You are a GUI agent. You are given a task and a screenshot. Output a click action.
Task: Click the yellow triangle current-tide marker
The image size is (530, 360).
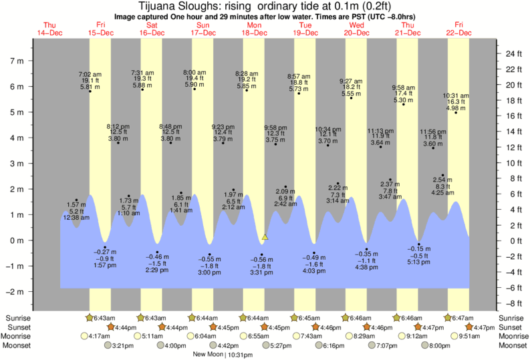tap(265, 237)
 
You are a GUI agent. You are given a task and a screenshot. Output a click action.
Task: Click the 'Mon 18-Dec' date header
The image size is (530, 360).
tap(253, 29)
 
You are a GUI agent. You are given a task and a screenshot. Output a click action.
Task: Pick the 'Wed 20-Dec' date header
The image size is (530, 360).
tap(356, 29)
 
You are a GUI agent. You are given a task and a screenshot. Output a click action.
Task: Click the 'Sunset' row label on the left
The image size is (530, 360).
tap(18, 327)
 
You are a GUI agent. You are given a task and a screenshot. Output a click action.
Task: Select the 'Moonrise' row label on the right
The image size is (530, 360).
tap(512, 336)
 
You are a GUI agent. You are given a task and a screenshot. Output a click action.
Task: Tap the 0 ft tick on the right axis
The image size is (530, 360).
tap(509, 240)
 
